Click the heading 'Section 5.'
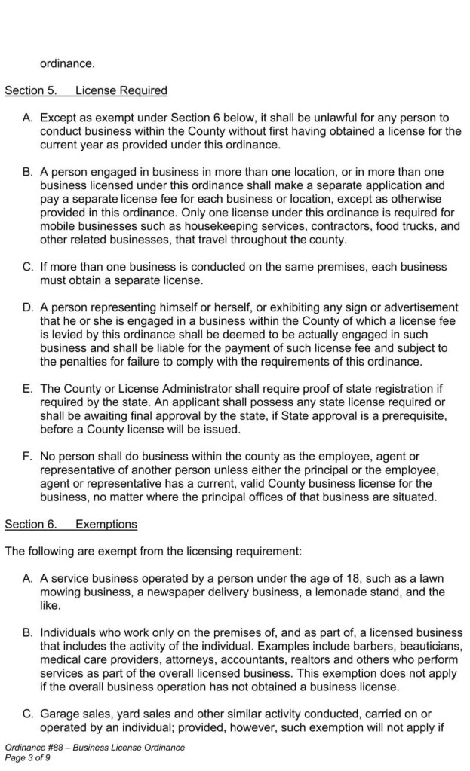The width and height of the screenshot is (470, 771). tap(31, 91)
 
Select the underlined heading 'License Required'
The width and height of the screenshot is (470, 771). tap(121, 91)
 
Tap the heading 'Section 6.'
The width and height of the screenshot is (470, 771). tap(31, 523)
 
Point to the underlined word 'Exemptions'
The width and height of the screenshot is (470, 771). tap(106, 523)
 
